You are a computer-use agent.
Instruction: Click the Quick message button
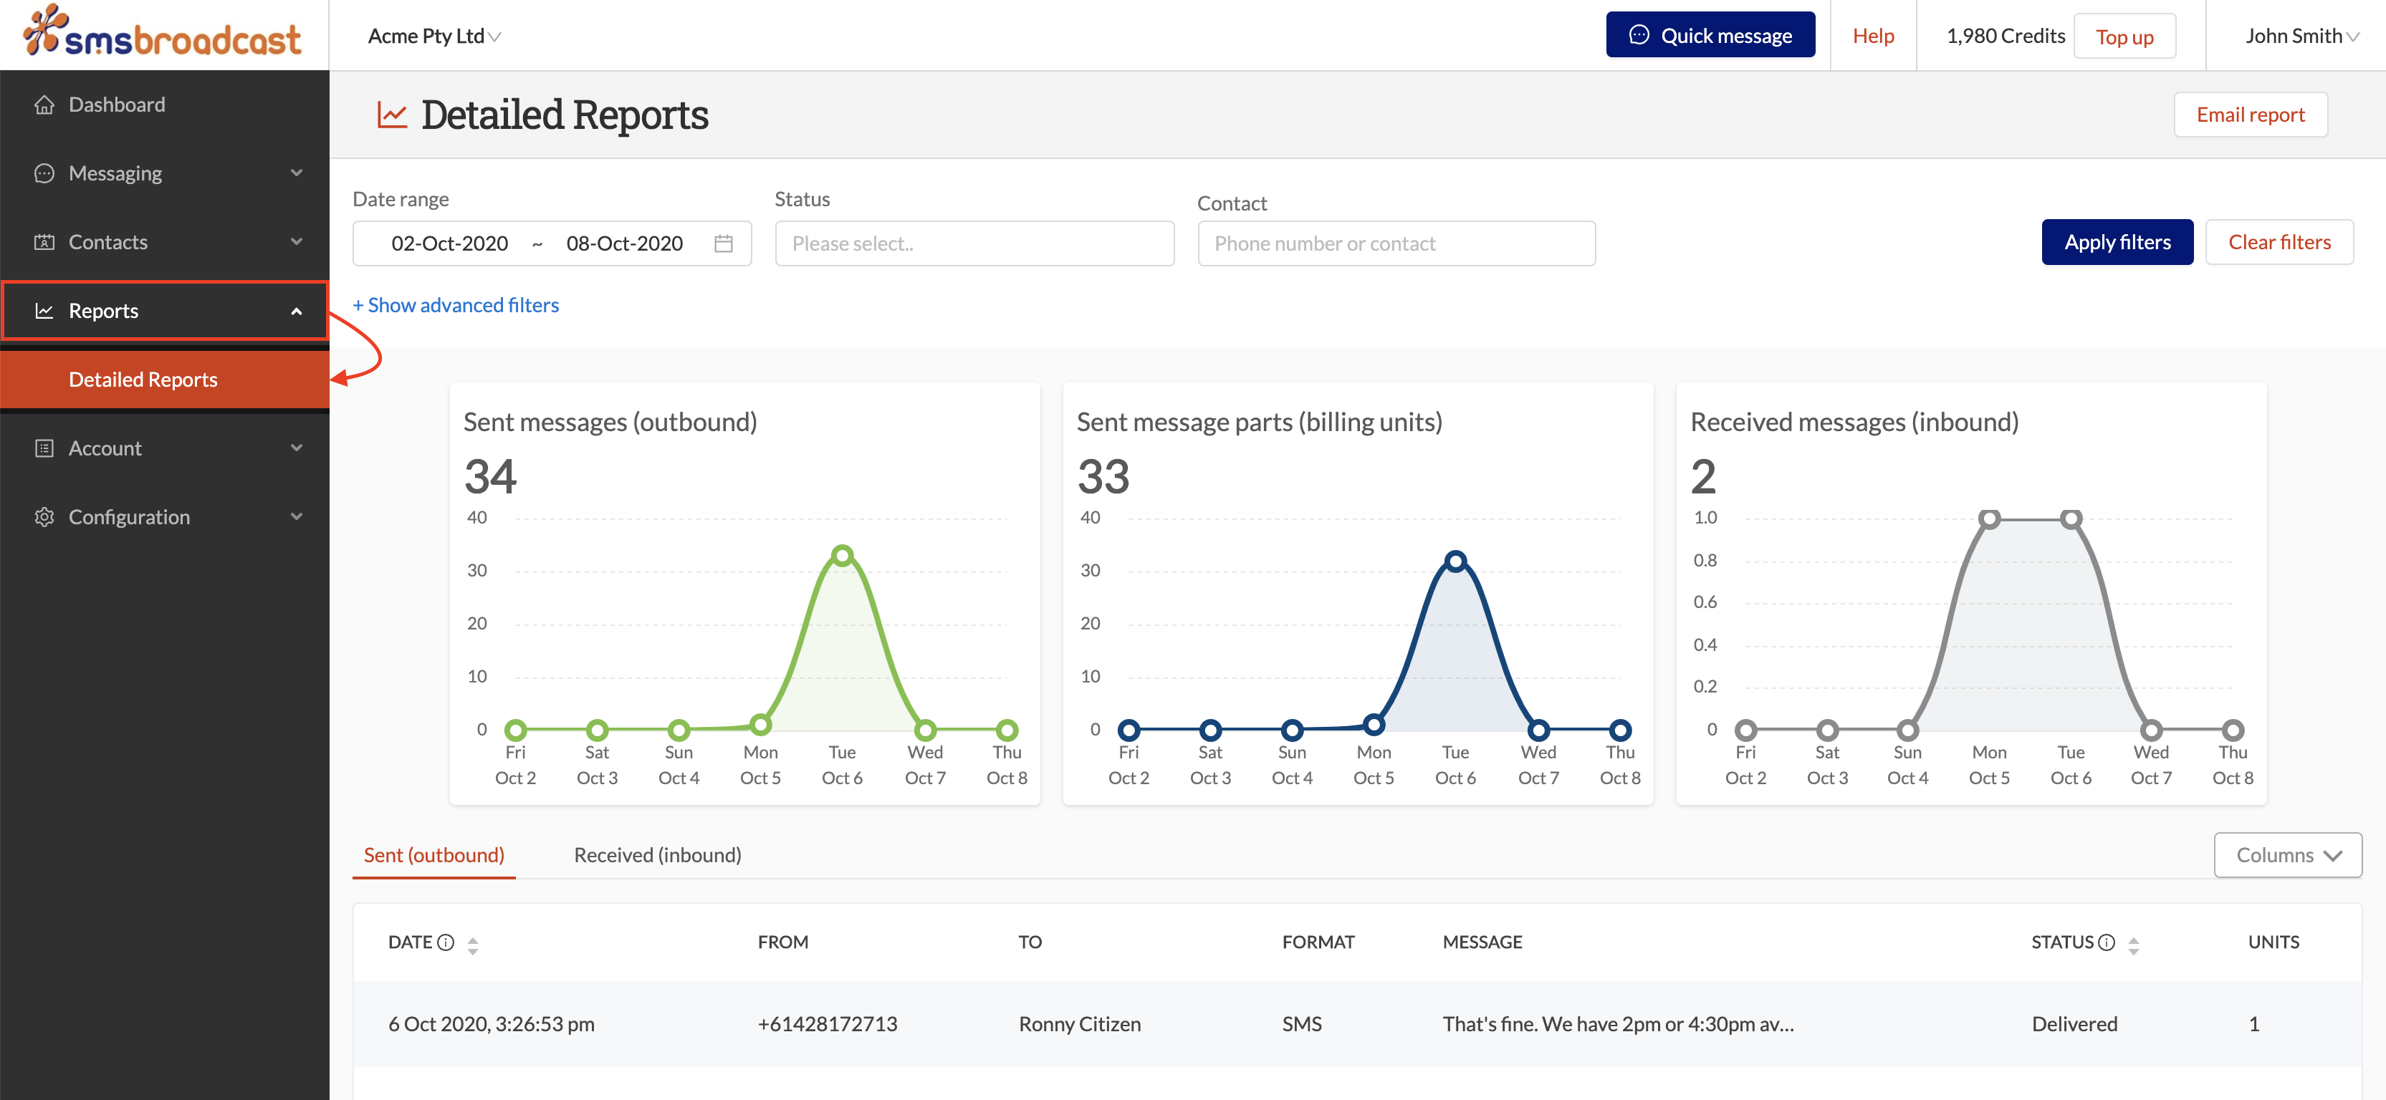point(1710,35)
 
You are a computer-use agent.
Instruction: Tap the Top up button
point(2124,37)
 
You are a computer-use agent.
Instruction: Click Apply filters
point(2117,243)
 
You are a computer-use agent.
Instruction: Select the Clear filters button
point(2279,243)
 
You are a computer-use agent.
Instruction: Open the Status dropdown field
point(974,243)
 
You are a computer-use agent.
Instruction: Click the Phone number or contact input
point(1395,243)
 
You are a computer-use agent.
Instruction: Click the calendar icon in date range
point(724,243)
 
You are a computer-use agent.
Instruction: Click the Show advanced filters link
point(456,306)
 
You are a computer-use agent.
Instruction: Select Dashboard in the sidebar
point(117,105)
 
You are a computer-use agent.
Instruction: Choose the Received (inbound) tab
point(657,854)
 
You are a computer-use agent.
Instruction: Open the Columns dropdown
point(2287,854)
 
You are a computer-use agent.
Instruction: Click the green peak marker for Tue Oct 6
point(842,556)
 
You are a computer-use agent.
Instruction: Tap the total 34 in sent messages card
point(490,477)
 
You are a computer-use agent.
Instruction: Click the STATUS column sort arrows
point(2133,945)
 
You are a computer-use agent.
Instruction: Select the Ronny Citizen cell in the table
point(1079,1024)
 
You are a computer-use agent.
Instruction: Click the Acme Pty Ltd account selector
point(433,36)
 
